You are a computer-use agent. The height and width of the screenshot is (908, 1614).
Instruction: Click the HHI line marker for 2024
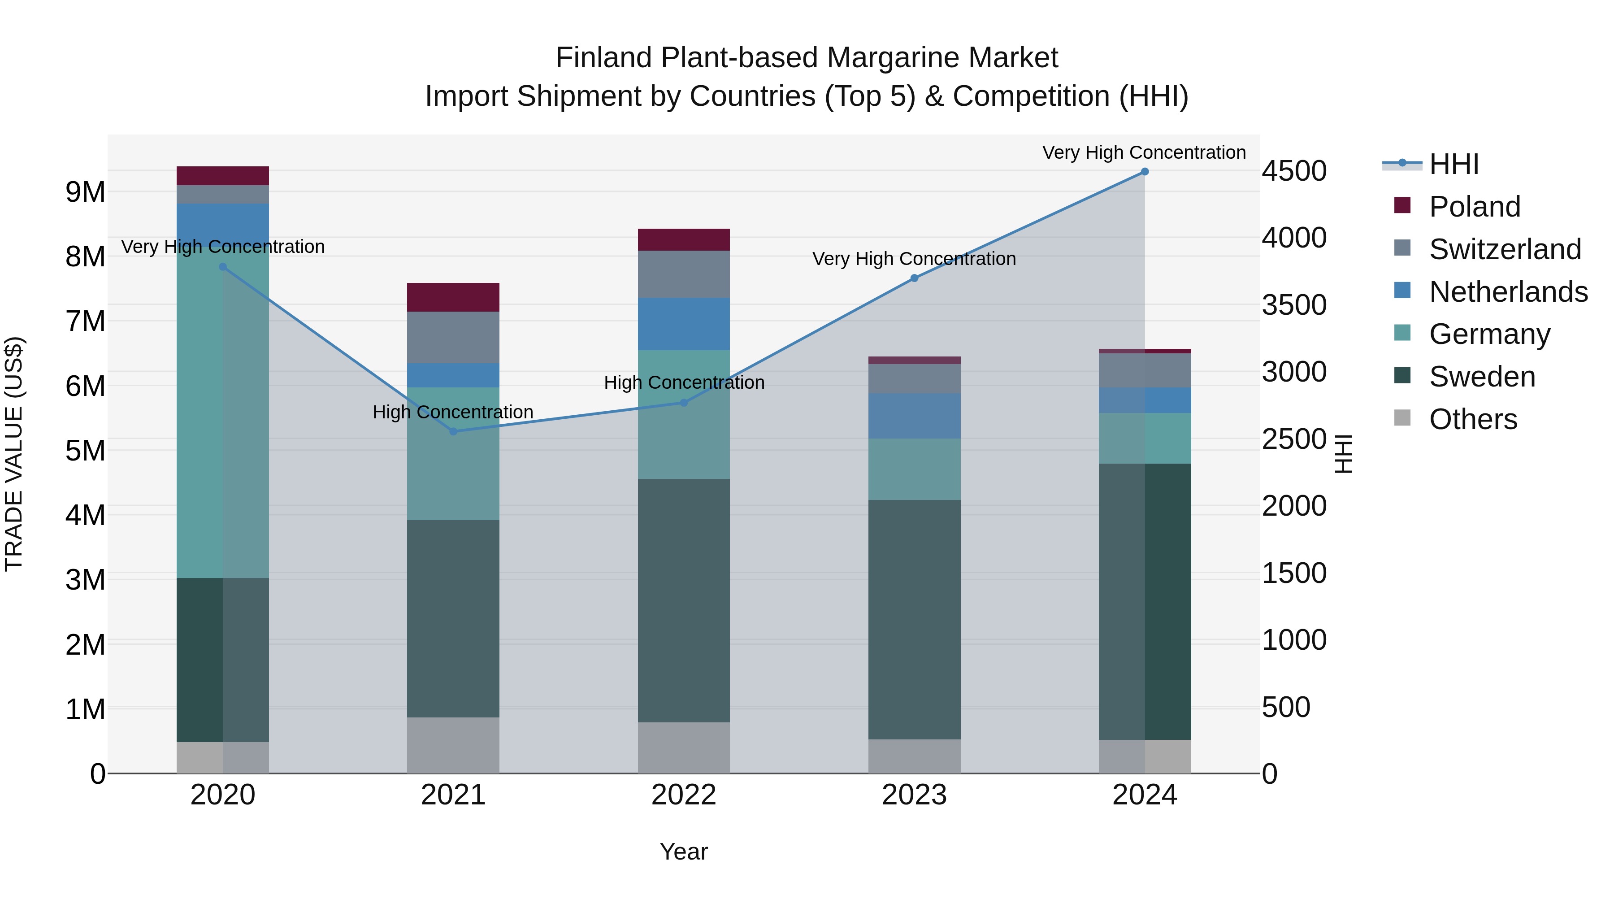coord(1144,172)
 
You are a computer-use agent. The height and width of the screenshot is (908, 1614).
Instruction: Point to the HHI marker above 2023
coord(914,278)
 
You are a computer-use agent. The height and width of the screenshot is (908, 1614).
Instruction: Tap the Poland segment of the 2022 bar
coord(684,240)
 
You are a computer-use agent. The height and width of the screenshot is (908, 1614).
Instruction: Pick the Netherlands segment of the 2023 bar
coord(914,416)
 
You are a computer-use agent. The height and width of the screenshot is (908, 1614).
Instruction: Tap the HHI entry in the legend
coord(1453,164)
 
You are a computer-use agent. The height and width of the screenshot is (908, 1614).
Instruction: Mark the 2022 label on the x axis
coord(684,795)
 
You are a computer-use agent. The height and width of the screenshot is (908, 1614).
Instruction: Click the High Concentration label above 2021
coord(453,413)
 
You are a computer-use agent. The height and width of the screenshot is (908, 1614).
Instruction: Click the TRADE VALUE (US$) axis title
coord(14,454)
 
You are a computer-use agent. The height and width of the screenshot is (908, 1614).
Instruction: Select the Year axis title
coord(684,852)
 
